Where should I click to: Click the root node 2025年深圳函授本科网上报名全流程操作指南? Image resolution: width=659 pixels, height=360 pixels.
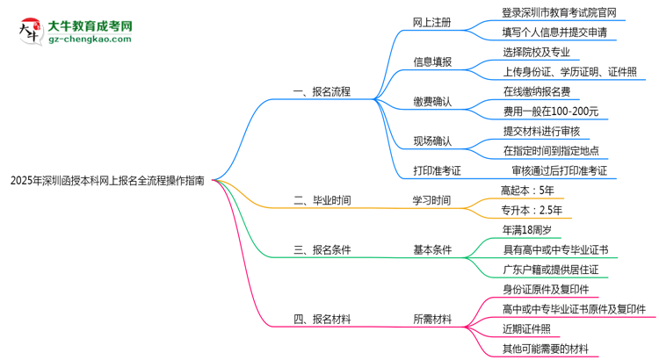(107, 180)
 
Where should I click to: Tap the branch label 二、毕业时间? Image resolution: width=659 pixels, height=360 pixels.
(322, 200)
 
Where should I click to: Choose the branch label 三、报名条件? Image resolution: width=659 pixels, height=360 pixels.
(322, 249)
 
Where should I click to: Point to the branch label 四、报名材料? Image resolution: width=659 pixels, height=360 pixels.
(322, 320)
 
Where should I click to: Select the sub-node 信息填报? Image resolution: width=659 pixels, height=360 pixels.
(432, 61)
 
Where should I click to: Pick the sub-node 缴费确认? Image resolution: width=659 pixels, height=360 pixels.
(432, 101)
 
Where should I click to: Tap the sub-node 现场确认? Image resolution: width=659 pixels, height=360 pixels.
(432, 140)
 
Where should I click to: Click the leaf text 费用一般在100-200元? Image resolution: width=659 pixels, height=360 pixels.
(551, 111)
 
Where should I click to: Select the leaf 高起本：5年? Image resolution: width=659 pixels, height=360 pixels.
(528, 190)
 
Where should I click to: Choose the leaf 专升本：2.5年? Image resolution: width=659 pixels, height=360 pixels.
(532, 210)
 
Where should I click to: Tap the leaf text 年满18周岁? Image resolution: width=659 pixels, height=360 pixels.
(527, 230)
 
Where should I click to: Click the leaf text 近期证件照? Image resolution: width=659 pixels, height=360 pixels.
(527, 329)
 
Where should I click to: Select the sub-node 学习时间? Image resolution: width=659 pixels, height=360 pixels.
(432, 200)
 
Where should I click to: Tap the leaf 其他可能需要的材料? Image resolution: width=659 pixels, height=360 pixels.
(551, 349)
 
